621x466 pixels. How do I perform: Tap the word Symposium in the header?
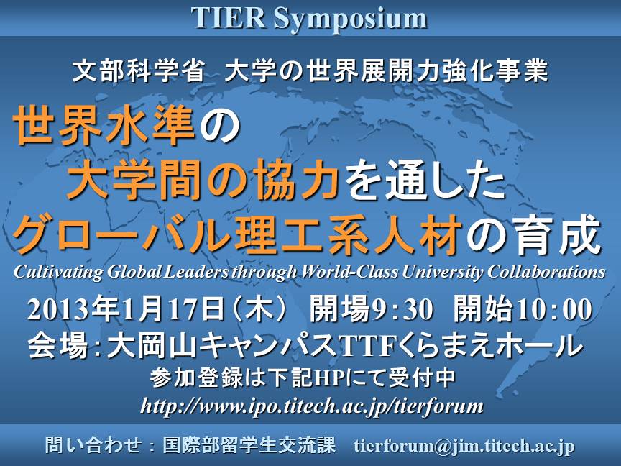tap(351, 20)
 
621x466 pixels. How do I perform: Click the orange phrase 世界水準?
tap(104, 127)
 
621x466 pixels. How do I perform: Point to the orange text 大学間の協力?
tap(203, 180)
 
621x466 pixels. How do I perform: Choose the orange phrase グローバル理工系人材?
tap(238, 234)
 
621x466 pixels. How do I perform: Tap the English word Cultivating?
tap(58, 273)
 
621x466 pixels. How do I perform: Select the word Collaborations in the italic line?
tap(546, 272)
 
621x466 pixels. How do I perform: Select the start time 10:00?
tap(554, 309)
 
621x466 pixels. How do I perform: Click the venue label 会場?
tap(58, 345)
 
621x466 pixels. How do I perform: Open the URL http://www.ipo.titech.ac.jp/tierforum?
tap(312, 406)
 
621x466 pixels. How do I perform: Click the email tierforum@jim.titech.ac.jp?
tap(464, 446)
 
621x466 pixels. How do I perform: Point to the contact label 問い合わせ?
tap(93, 445)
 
